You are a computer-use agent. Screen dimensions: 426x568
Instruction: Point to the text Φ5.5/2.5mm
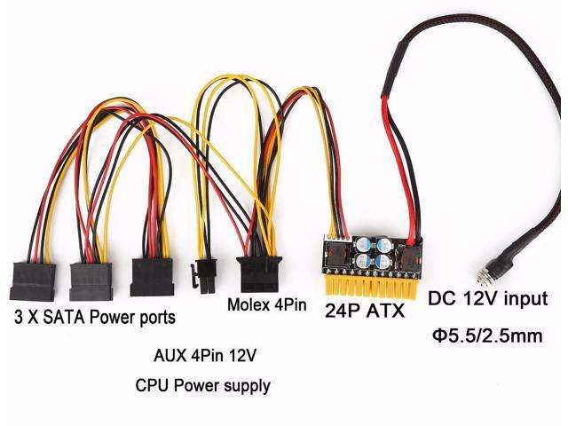pos(487,337)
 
